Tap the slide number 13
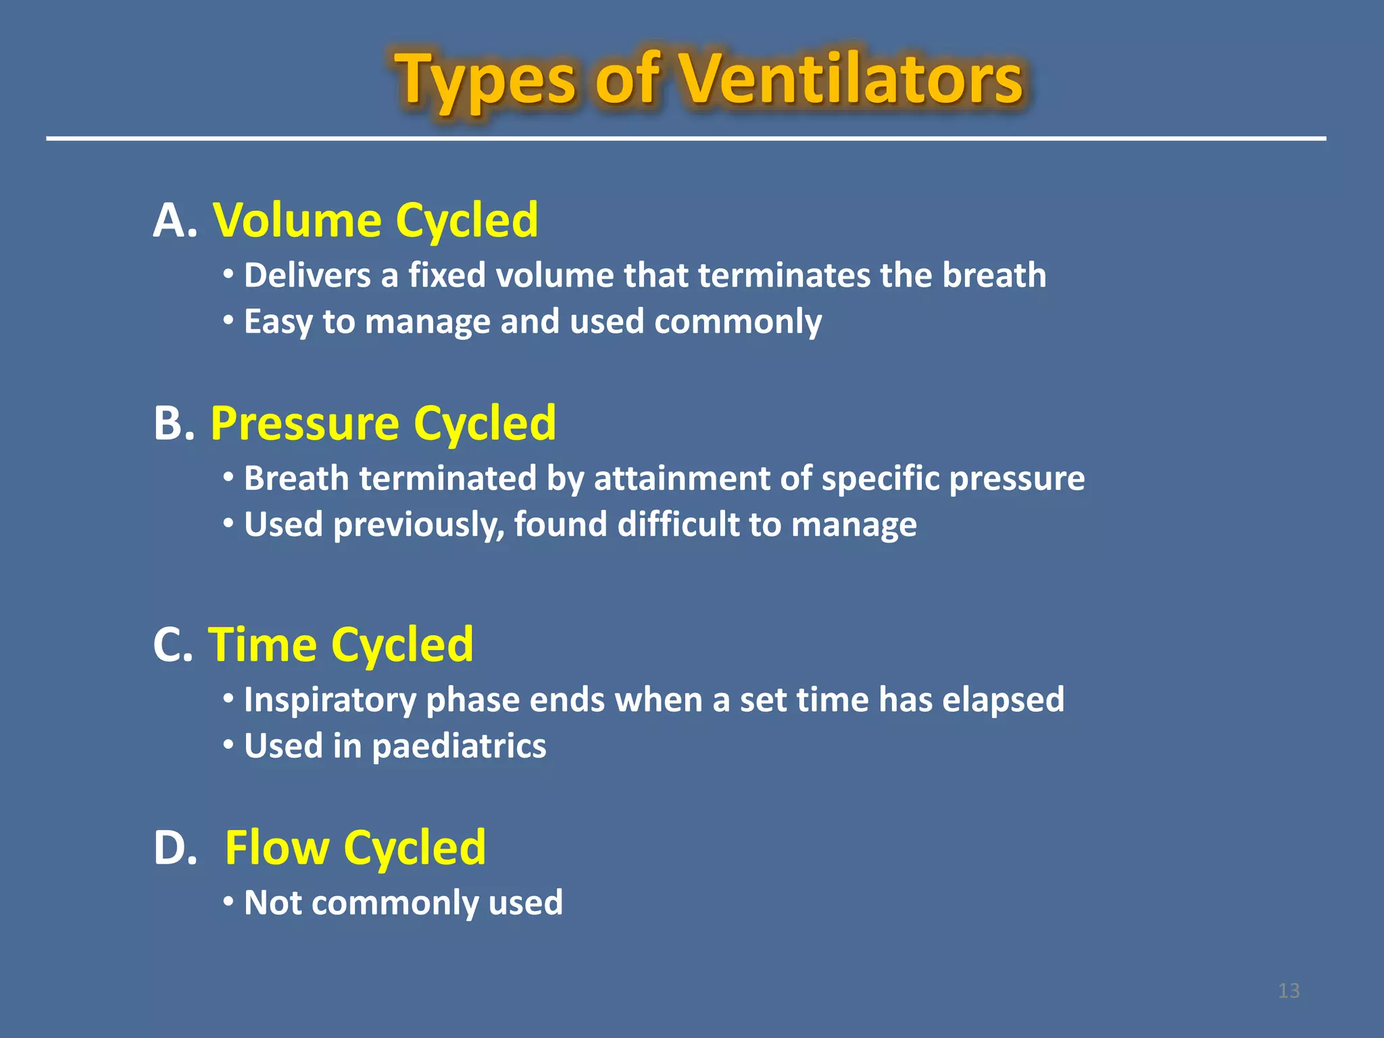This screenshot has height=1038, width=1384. point(1289,991)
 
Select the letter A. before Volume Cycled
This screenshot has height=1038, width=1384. point(175,221)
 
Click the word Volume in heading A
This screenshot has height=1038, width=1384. point(297,221)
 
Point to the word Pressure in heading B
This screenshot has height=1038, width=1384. point(305,424)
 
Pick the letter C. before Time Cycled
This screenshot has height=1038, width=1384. point(173,645)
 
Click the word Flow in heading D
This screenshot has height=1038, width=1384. point(276,847)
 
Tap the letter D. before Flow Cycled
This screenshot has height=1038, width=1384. point(175,847)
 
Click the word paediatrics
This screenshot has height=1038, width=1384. point(459,746)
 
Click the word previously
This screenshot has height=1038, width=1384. point(419,525)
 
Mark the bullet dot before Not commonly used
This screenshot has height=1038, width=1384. point(229,901)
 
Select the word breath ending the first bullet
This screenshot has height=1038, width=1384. point(994,276)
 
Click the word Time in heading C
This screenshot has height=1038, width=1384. point(262,645)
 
